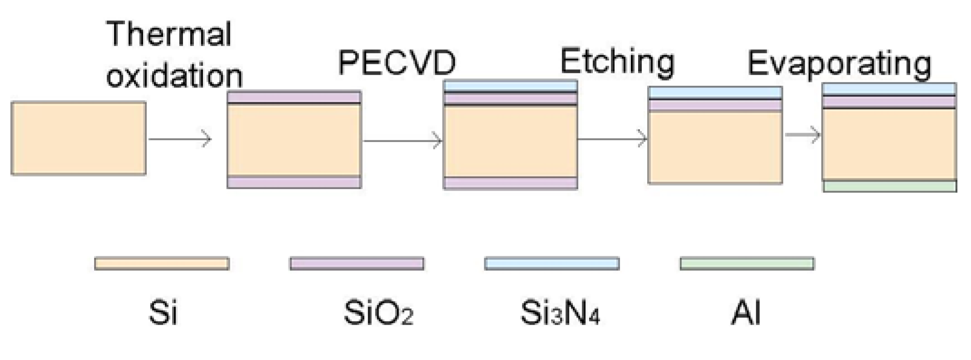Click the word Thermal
169,34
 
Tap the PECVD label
397,62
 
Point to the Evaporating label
839,64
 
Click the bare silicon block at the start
78,138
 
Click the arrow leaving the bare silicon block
180,139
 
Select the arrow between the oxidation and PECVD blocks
402,140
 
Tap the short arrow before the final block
803,135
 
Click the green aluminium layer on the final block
889,186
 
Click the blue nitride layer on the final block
889,89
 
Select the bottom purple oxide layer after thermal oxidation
294,182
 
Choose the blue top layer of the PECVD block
510,86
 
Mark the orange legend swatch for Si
162,264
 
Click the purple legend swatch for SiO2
357,264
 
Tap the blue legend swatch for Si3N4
552,264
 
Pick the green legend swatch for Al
747,264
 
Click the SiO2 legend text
378,312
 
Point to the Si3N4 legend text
560,312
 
